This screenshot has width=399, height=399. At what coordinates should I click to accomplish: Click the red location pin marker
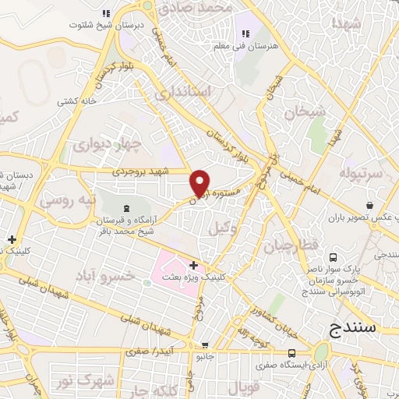(x=200, y=182)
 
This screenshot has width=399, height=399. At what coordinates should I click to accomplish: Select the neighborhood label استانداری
(x=183, y=93)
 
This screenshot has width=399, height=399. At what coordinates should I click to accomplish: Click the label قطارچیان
(x=291, y=247)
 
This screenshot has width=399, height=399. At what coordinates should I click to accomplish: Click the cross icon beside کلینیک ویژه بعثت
(x=193, y=266)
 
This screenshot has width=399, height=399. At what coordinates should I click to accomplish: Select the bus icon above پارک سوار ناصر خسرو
(x=334, y=257)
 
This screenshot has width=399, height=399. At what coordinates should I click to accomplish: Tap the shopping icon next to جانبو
(x=204, y=345)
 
